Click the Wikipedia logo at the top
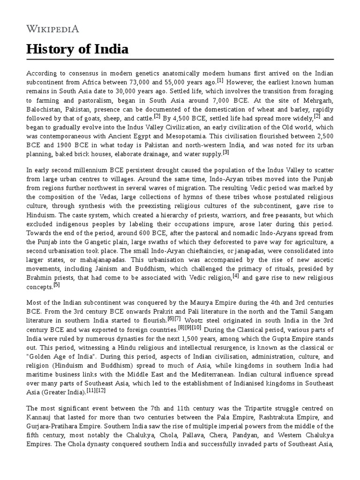pyautogui.click(x=52, y=29)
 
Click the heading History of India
pyautogui.click(x=77, y=49)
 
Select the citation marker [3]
pyautogui.click(x=226, y=151)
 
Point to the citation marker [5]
pyautogui.click(x=57, y=285)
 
